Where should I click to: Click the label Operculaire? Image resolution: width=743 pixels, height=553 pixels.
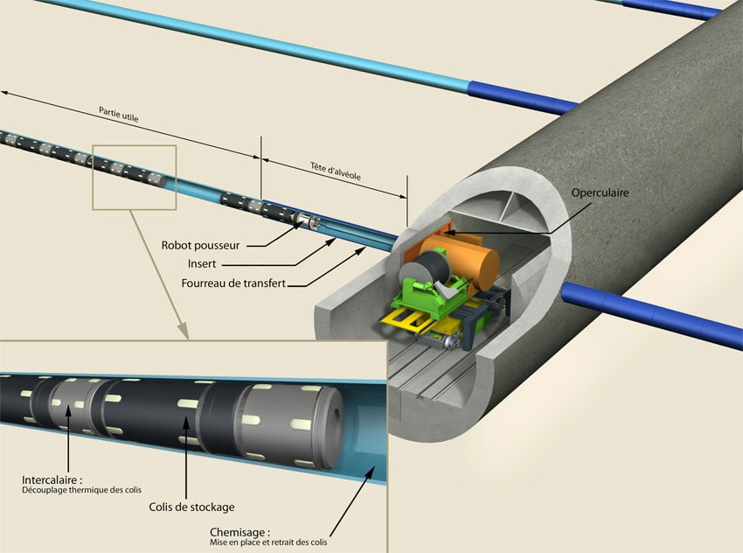[600, 193]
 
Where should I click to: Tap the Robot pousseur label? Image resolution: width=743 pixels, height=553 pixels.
[200, 245]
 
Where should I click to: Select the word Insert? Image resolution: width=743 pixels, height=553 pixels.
[202, 263]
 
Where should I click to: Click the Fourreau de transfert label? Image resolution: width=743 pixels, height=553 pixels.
[233, 283]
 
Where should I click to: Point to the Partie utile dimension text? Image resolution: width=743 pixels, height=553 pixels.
[119, 115]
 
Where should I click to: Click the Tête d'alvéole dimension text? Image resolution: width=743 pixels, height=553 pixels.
[336, 171]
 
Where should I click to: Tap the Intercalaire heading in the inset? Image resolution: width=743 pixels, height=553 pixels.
[52, 480]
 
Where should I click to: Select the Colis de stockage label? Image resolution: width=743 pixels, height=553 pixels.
[192, 507]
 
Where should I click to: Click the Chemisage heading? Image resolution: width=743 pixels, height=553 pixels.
[240, 532]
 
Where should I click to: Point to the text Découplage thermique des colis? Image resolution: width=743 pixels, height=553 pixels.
[81, 490]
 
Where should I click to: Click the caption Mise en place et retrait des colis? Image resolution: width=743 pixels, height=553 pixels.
[268, 542]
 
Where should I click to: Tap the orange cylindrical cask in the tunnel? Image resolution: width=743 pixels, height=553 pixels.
[460, 261]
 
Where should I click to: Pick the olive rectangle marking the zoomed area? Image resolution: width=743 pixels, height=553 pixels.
[134, 178]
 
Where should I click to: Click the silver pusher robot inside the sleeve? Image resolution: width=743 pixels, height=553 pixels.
[308, 221]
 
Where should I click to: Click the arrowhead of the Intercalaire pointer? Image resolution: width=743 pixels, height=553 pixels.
[68, 409]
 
